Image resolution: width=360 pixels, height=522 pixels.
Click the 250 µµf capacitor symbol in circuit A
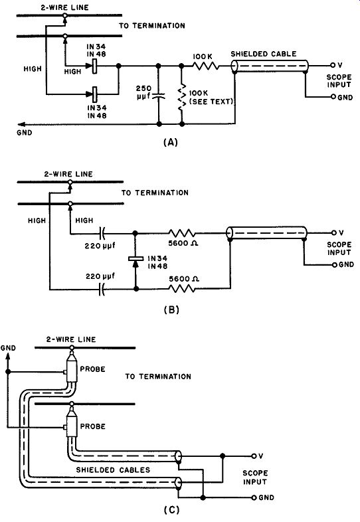tap(159, 96)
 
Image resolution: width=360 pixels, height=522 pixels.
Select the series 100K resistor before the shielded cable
tap(205, 66)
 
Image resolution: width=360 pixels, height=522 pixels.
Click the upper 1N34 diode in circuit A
tap(92, 66)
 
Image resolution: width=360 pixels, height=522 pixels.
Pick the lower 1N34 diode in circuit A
tap(92, 94)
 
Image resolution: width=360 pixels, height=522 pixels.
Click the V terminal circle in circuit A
tap(332, 65)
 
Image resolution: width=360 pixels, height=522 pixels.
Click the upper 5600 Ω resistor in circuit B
tap(182, 232)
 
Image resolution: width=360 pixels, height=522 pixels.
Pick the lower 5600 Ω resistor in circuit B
tap(182, 289)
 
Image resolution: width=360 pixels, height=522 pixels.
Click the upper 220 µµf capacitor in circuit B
tap(102, 234)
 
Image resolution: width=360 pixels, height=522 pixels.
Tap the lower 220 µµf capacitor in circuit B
tap(102, 290)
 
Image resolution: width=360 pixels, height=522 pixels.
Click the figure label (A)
tap(171, 143)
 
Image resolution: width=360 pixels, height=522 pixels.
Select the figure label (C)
tap(172, 509)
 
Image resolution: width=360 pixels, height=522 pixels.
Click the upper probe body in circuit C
tap(72, 370)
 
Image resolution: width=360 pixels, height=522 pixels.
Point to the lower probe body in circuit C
tap(72, 426)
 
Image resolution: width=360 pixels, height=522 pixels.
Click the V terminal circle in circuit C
tap(254, 456)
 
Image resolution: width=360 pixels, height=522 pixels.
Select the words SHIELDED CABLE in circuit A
tap(264, 54)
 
